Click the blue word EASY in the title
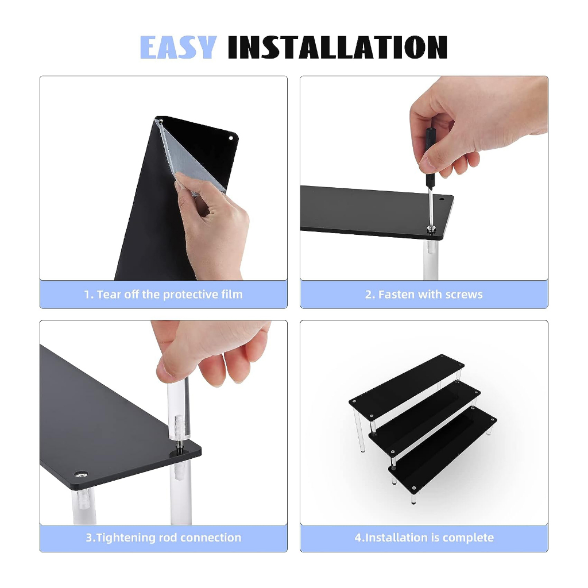[178, 47]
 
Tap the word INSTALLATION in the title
[338, 47]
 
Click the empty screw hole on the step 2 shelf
[442, 200]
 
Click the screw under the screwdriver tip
[432, 229]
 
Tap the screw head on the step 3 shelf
[80, 475]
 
